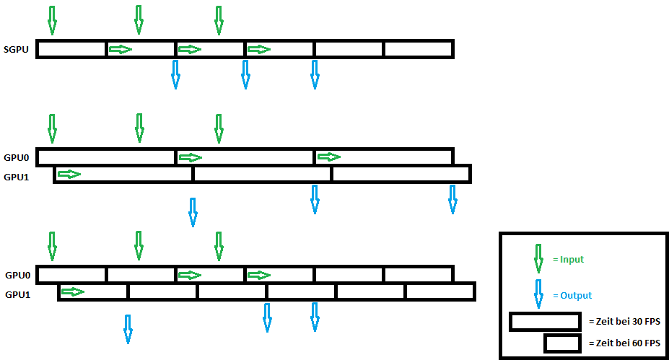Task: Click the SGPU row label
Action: pyautogui.click(x=16, y=50)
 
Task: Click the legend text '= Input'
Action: pyautogui.click(x=568, y=260)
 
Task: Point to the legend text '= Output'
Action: pyautogui.click(x=572, y=296)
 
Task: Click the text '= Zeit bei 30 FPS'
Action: pyautogui.click(x=624, y=320)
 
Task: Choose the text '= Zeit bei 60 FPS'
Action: pyautogui.click(x=624, y=343)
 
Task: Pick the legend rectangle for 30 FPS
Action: pyautogui.click(x=545, y=321)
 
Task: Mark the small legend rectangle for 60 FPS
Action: pyautogui.click(x=562, y=343)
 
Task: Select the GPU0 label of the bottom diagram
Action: pyautogui.click(x=18, y=275)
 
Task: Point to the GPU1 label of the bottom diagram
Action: pyautogui.click(x=18, y=294)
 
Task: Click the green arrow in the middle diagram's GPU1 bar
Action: pyautogui.click(x=69, y=175)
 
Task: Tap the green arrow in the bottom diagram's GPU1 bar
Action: pyautogui.click(x=73, y=291)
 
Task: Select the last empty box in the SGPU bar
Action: pyautogui.click(x=418, y=49)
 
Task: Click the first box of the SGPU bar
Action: pyautogui.click(x=71, y=49)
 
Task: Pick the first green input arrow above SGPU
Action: pyautogui.click(x=51, y=21)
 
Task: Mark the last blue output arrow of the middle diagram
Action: pyautogui.click(x=452, y=199)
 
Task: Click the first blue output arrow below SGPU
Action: pyautogui.click(x=175, y=74)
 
